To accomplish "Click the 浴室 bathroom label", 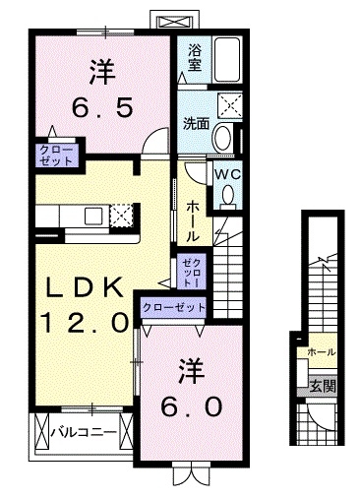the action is pyautogui.click(x=195, y=58).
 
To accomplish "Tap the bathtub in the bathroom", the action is pyautogui.click(x=226, y=60).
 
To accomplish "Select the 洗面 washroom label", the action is pyautogui.click(x=196, y=123).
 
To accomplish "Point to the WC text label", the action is pyautogui.click(x=227, y=174).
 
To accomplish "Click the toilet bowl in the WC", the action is pyautogui.click(x=228, y=196).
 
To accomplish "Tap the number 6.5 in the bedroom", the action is pyautogui.click(x=102, y=108).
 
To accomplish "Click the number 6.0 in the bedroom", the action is pyautogui.click(x=192, y=406).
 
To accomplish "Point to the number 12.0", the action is pyautogui.click(x=84, y=323).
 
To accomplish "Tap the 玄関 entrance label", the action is pyautogui.click(x=323, y=387).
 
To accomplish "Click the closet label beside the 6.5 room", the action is pyautogui.click(x=56, y=156).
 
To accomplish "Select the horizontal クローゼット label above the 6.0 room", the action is pyautogui.click(x=174, y=307).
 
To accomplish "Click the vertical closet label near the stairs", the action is pyautogui.click(x=192, y=273).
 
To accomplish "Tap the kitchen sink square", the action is pyautogui.click(x=92, y=217).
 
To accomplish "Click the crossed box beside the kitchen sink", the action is pyautogui.click(x=121, y=216).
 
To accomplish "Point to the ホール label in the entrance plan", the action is pyautogui.click(x=322, y=352).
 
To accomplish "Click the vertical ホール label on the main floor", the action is pyautogui.click(x=193, y=221).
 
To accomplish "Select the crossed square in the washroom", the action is pyautogui.click(x=229, y=104).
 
